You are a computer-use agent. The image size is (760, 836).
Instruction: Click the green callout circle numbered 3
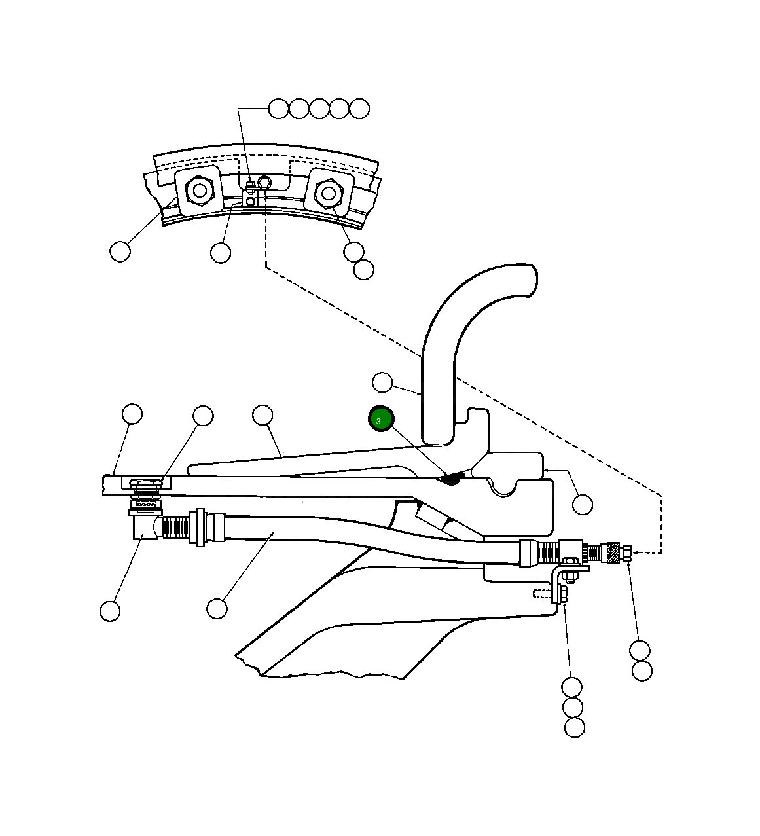point(380,419)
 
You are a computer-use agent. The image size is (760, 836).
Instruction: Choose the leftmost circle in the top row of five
point(279,109)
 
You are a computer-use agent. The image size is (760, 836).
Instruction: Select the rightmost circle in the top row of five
point(359,109)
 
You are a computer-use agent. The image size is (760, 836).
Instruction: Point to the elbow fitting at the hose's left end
point(144,524)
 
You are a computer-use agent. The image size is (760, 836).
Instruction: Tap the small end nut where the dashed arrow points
point(626,554)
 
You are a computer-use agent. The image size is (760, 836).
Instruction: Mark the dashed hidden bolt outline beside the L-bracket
point(543,594)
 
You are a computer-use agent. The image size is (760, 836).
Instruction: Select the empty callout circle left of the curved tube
point(382,383)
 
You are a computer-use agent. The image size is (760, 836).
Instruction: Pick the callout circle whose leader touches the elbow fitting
point(110,611)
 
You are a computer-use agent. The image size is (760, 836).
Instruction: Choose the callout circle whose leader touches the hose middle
point(217,609)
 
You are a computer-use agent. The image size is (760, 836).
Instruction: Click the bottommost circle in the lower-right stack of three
point(574,727)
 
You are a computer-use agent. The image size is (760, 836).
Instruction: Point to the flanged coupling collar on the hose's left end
point(198,527)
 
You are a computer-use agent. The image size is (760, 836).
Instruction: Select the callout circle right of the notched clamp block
point(582,505)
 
